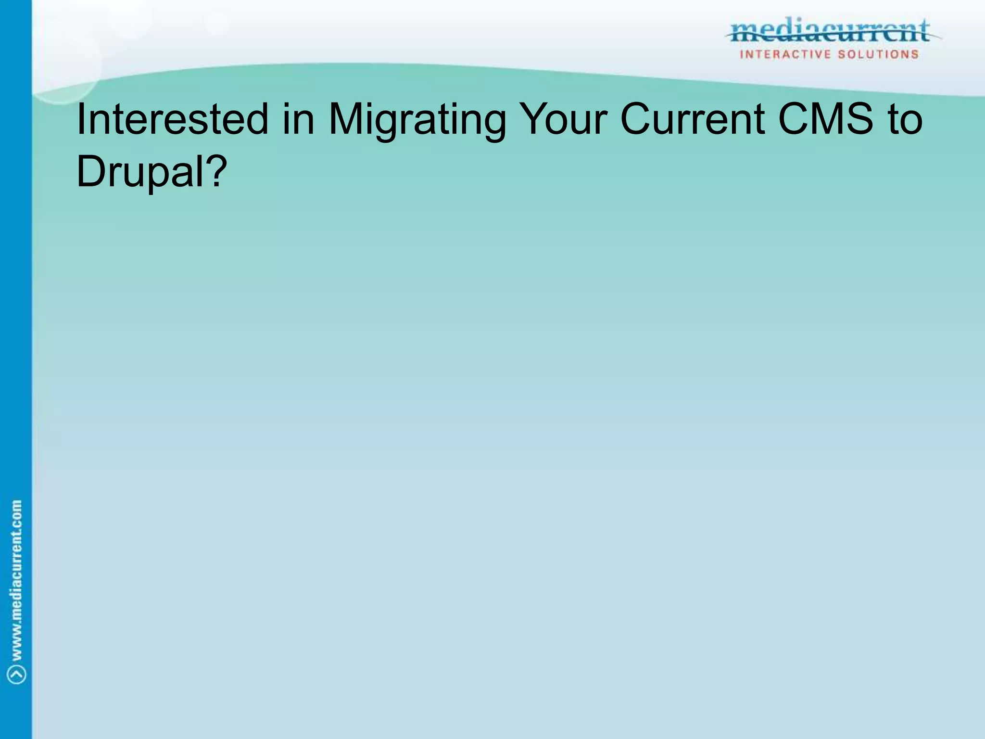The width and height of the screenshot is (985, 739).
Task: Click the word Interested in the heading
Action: [x=172, y=119]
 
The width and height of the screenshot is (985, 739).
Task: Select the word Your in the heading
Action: [x=565, y=119]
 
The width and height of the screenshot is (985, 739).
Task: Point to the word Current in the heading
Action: [x=693, y=119]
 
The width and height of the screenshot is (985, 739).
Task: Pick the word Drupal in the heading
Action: [x=141, y=172]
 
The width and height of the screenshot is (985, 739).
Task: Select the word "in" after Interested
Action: [x=298, y=119]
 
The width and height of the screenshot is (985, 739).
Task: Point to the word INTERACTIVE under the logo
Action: [x=785, y=54]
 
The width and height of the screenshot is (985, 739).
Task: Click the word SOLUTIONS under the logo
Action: [x=878, y=54]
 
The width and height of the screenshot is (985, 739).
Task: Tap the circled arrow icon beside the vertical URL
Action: [x=17, y=674]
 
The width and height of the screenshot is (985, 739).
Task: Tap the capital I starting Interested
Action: [x=80, y=119]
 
